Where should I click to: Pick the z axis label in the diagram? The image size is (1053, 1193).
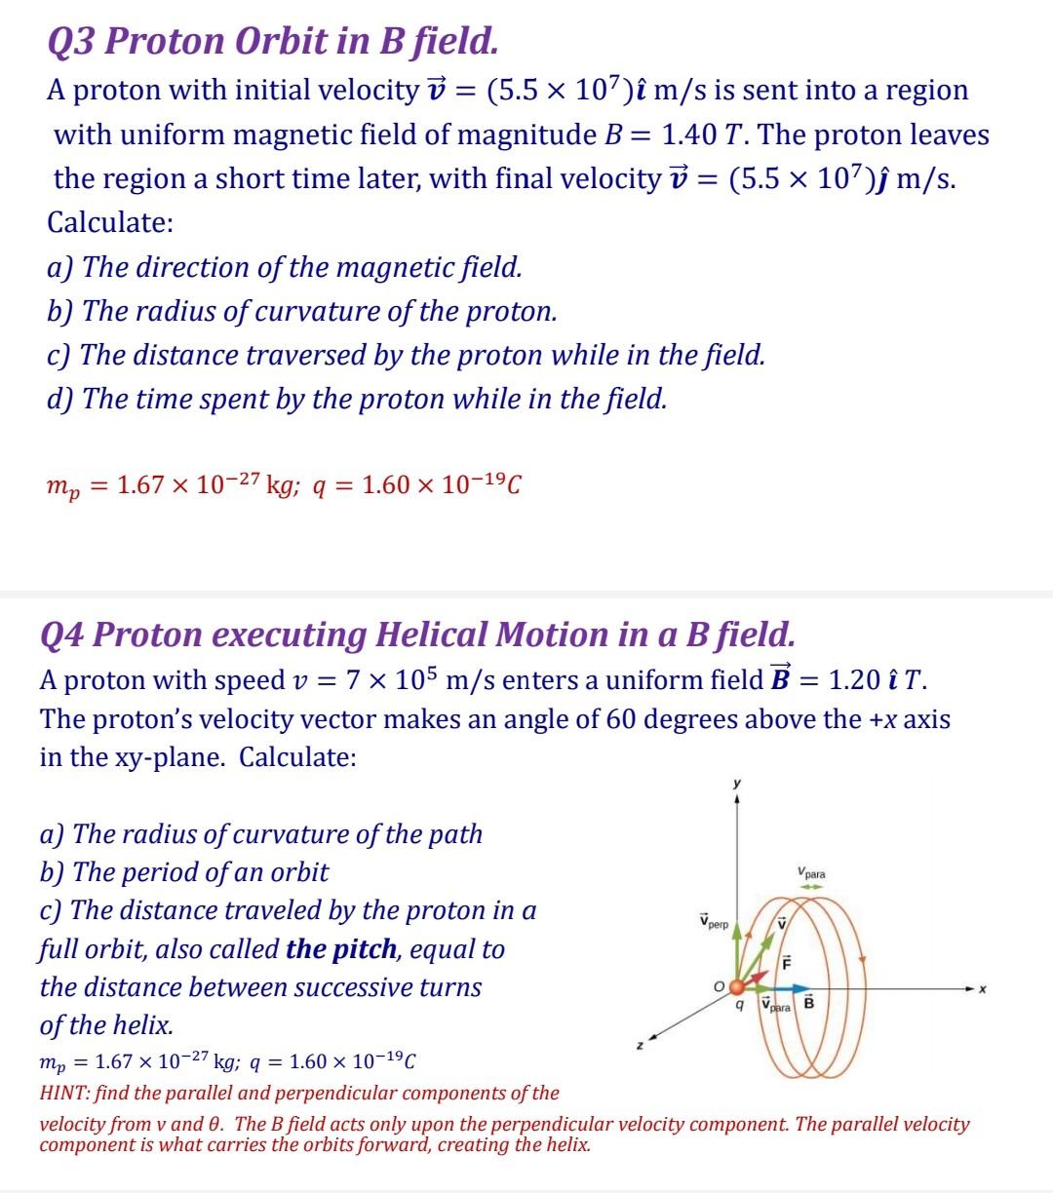(640, 1044)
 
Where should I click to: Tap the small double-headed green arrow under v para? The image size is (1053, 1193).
(811, 887)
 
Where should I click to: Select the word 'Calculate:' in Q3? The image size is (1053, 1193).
(111, 222)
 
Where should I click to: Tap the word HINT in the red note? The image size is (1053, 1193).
(63, 1093)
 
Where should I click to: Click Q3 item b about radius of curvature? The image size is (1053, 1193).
(302, 311)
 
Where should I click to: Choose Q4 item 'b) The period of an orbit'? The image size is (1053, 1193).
(184, 871)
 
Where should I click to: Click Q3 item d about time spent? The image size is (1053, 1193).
(357, 399)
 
